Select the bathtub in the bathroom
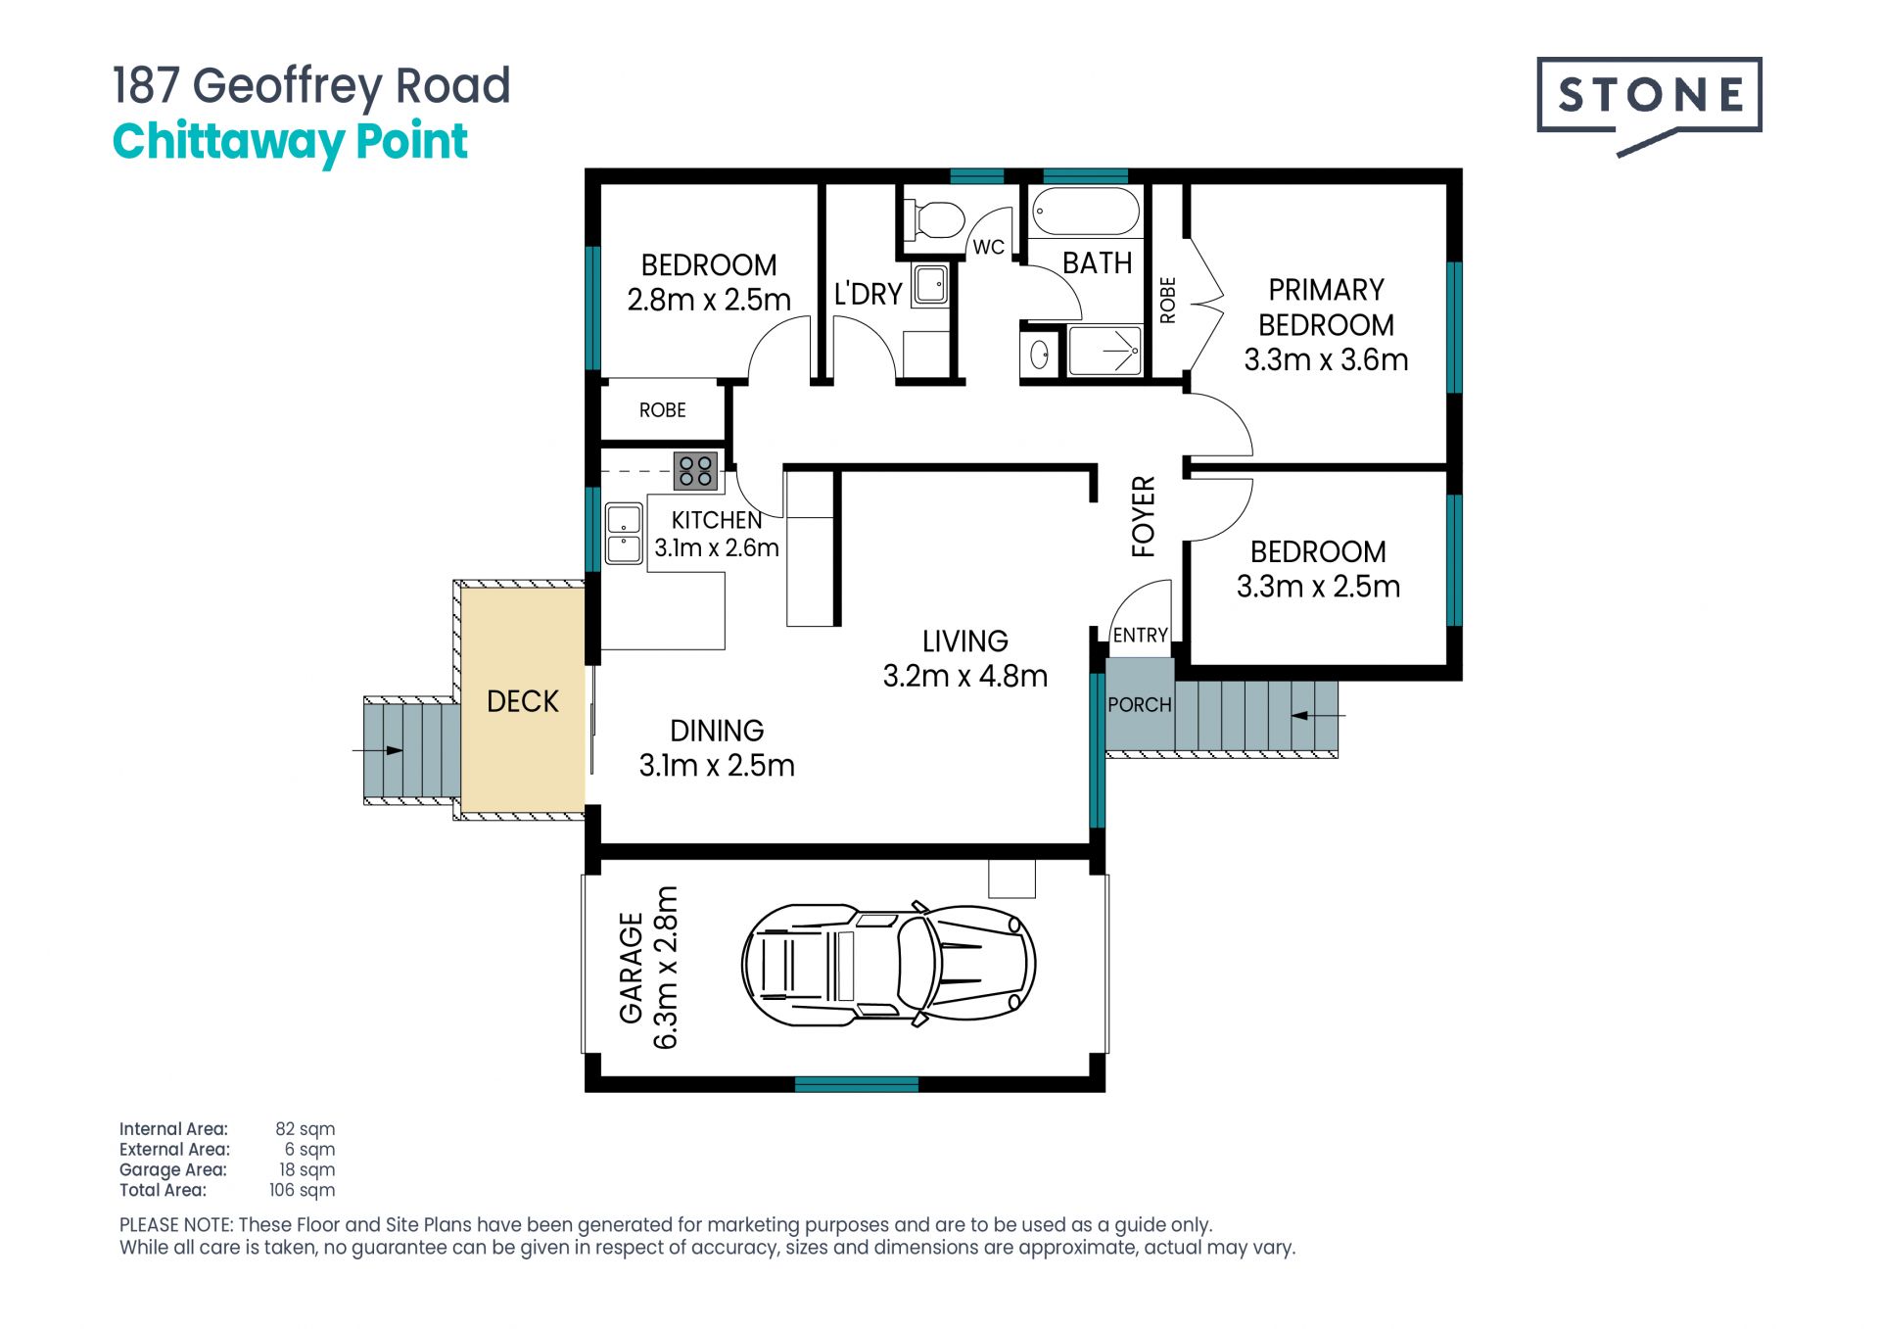tap(1086, 211)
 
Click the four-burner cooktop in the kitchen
tap(695, 471)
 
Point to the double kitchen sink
tap(624, 534)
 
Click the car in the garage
tap(888, 964)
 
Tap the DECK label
tap(522, 701)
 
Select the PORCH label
tap(1139, 704)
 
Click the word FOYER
tap(1144, 516)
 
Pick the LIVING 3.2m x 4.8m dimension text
tap(964, 658)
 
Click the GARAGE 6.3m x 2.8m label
tap(648, 968)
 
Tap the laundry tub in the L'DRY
tap(930, 285)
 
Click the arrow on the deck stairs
tap(378, 750)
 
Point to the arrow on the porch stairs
tap(1318, 716)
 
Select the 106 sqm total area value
tap(302, 1190)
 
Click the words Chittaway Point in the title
tap(290, 142)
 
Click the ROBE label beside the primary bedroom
tap(1167, 300)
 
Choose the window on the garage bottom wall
tap(857, 1084)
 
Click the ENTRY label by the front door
tap(1140, 635)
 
